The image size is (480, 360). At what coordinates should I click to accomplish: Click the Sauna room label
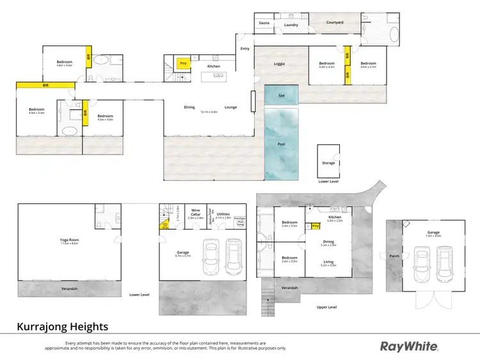(x=264, y=23)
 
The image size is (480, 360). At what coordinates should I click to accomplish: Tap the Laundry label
(x=291, y=25)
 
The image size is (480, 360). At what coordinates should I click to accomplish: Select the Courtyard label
(x=335, y=22)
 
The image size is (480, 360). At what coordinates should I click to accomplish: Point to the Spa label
(x=280, y=95)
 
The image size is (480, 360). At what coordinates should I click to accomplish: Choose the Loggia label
(x=279, y=64)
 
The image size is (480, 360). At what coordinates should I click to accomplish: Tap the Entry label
(x=244, y=49)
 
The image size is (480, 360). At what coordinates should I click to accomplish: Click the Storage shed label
(x=328, y=163)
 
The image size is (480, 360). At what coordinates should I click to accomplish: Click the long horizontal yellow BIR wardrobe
(x=45, y=84)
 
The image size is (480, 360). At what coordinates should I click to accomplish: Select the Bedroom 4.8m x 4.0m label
(x=65, y=63)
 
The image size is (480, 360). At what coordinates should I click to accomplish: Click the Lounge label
(x=230, y=107)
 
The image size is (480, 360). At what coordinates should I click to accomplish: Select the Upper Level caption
(x=326, y=307)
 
